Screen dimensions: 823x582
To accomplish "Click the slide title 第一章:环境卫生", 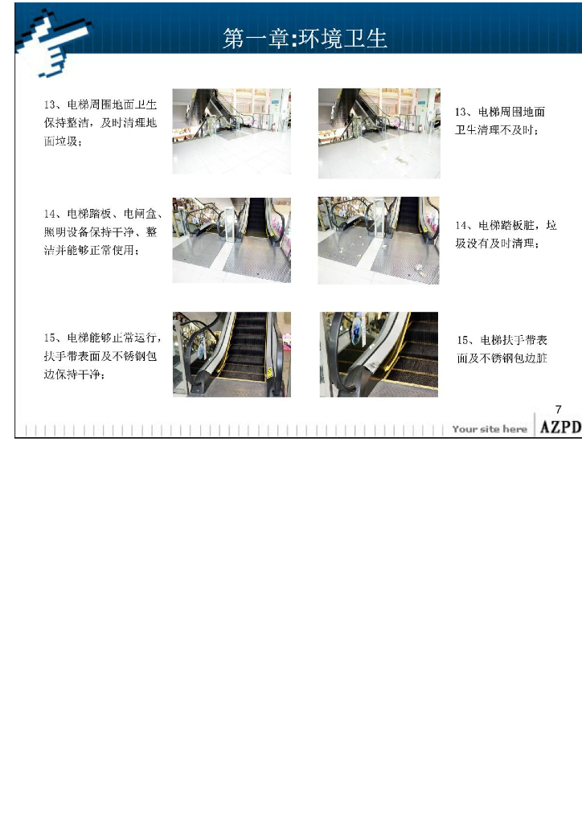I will (x=305, y=39).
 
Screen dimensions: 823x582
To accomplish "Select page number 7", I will (x=558, y=409).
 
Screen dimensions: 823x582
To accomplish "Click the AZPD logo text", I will (x=559, y=428).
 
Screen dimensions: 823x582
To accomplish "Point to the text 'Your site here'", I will (x=489, y=429).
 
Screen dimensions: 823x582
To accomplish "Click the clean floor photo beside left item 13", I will (x=232, y=131).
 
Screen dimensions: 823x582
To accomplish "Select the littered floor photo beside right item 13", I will (x=379, y=133).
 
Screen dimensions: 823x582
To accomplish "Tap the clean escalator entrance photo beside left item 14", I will (x=232, y=240).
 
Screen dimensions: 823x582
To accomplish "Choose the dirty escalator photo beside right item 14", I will (x=379, y=240).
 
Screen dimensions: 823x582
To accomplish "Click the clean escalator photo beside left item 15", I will (x=232, y=354).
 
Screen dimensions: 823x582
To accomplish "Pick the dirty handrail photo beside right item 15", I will (x=379, y=354).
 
